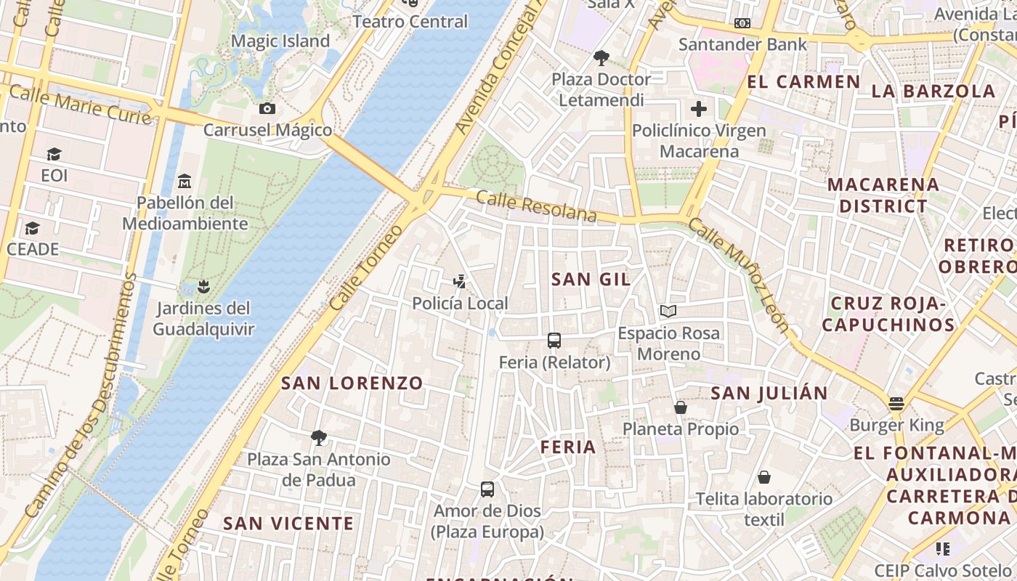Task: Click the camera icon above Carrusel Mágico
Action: pyautogui.click(x=267, y=109)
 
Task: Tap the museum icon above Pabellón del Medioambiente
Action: pyautogui.click(x=185, y=181)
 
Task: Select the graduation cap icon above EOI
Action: pyautogui.click(x=54, y=154)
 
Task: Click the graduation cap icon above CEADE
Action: pyautogui.click(x=32, y=229)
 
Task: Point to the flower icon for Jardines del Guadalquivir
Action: pyautogui.click(x=204, y=286)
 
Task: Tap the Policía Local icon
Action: pyautogui.click(x=459, y=281)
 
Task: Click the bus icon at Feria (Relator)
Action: pyautogui.click(x=554, y=340)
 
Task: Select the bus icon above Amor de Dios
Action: pyautogui.click(x=487, y=489)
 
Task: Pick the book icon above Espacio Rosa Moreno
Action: pyautogui.click(x=668, y=312)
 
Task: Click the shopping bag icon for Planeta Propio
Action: pyautogui.click(x=681, y=407)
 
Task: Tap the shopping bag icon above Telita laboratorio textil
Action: pyautogui.click(x=763, y=477)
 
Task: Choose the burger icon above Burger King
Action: pyautogui.click(x=896, y=403)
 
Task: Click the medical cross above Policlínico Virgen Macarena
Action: pyautogui.click(x=699, y=110)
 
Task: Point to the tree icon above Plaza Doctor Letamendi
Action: pyautogui.click(x=601, y=57)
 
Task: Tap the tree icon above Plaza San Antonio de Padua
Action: pyautogui.click(x=318, y=437)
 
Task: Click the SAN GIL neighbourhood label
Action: pyautogui.click(x=591, y=279)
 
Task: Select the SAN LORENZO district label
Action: pyautogui.click(x=352, y=383)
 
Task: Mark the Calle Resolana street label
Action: pyautogui.click(x=537, y=206)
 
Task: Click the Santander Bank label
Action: pyautogui.click(x=742, y=44)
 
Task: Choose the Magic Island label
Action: pyautogui.click(x=280, y=41)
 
